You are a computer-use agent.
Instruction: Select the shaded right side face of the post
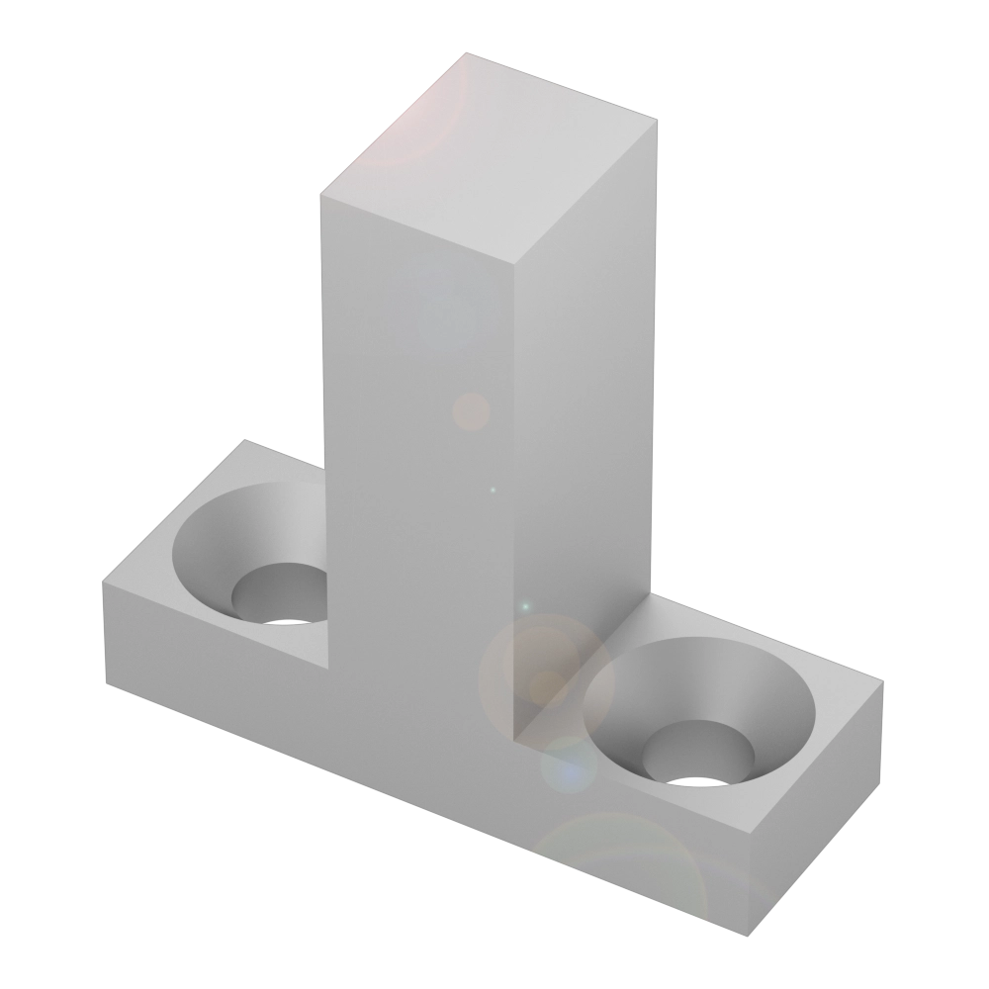[x=584, y=415]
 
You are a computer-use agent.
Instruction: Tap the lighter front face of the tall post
[x=415, y=445]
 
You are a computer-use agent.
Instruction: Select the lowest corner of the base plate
[x=744, y=935]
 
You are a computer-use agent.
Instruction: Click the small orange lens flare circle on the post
[x=471, y=411]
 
